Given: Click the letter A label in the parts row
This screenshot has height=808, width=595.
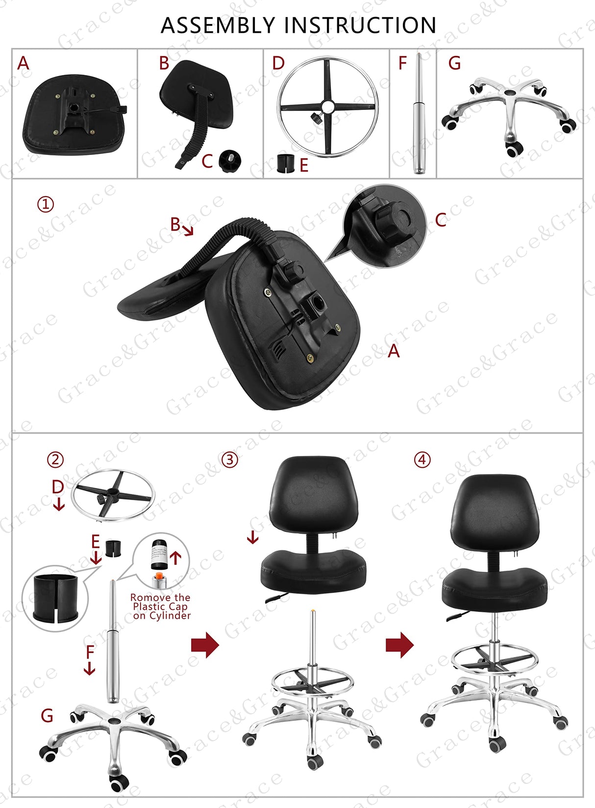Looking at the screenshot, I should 23,64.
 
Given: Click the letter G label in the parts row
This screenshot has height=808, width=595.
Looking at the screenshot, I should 454,64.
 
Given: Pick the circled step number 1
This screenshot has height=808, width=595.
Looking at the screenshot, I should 46,204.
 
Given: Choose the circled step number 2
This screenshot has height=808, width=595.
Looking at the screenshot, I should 55,459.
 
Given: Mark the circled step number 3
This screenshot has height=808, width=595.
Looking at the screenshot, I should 230,459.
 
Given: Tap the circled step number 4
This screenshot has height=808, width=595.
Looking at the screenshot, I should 422,459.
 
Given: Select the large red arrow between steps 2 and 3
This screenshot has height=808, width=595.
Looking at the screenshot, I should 205,645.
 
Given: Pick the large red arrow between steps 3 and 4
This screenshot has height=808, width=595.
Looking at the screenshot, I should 399,645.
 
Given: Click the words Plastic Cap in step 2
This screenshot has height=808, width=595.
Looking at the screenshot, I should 160,606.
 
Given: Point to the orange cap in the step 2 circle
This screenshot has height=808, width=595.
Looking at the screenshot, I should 158,577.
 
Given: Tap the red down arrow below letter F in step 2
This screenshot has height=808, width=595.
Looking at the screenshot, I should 89,668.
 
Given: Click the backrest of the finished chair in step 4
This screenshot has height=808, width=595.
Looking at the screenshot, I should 495,510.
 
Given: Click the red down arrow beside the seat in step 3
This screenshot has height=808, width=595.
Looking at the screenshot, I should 252,537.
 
